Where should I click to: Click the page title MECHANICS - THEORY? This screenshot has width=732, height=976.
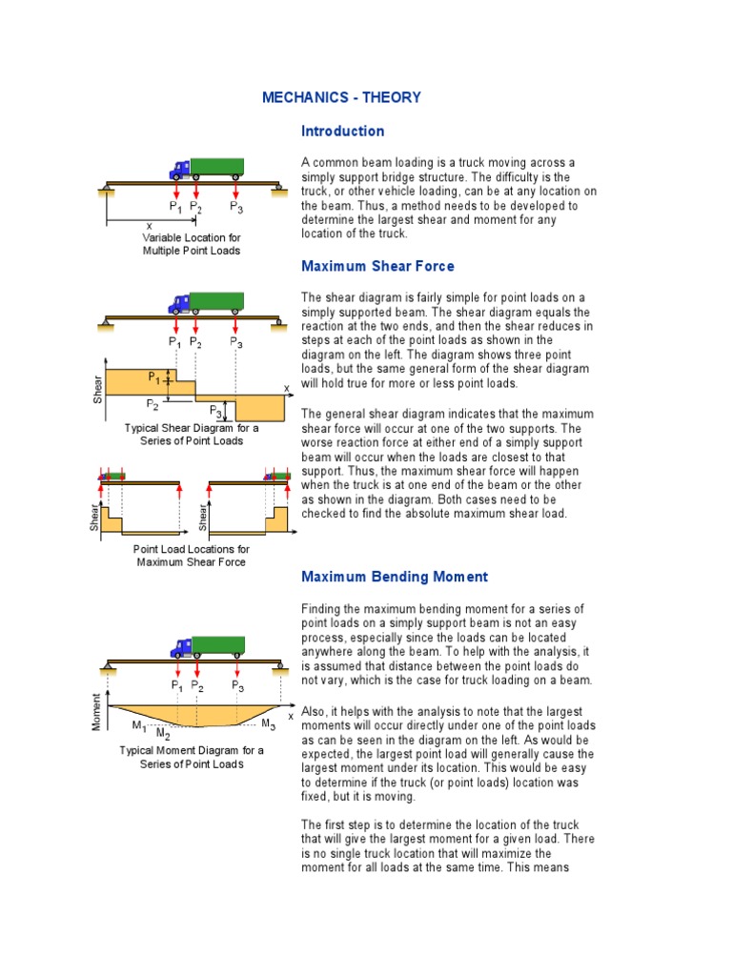341,97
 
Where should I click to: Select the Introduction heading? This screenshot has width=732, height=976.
342,131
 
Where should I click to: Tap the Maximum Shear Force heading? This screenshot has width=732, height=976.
377,266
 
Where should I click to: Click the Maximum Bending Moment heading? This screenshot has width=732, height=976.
395,577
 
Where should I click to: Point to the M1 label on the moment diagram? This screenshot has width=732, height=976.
139,726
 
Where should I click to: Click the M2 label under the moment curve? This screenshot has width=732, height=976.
163,734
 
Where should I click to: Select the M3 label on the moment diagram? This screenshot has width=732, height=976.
268,725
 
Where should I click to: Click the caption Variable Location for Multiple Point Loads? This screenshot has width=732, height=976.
192,244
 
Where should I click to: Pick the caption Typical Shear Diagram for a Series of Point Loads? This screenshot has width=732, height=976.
192,435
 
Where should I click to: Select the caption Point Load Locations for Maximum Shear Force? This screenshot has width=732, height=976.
192,556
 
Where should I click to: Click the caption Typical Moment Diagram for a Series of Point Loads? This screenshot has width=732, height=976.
192,757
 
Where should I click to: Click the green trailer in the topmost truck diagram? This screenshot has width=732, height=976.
217,168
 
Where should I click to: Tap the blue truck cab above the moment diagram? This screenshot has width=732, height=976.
180,648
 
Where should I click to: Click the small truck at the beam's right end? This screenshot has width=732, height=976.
277,475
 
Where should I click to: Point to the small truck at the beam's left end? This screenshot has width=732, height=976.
113,475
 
